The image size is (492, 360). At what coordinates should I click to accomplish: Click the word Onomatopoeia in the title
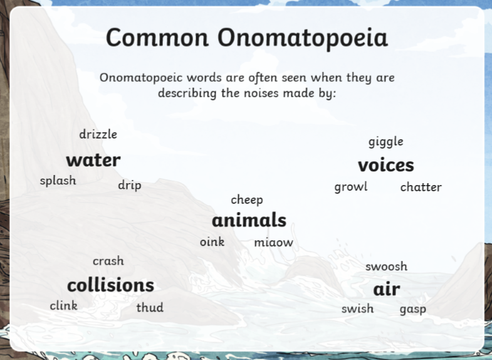point(303,38)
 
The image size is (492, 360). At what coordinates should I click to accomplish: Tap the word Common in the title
point(157,38)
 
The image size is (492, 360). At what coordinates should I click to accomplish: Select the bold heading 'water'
point(93,160)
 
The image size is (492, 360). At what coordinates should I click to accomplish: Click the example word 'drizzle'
point(98,134)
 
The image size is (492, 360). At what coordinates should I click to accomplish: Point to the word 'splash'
point(58,181)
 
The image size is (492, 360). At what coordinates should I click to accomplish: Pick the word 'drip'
point(130,186)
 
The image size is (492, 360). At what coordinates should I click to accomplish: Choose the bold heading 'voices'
point(386,165)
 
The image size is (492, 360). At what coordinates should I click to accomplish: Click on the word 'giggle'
point(386,142)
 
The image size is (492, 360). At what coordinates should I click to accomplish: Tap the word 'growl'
point(351,187)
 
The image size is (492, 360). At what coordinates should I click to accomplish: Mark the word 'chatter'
point(421,187)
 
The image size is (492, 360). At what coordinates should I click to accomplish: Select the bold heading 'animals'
point(249,220)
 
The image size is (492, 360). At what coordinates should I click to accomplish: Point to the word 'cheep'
point(247,200)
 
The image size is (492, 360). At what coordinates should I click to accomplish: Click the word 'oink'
point(212,241)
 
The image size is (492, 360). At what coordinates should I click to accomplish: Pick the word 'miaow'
point(274,242)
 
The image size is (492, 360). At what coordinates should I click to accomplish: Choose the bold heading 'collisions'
point(111,285)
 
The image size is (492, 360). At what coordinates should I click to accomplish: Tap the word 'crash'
point(108,261)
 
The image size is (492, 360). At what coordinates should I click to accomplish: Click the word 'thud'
point(150,307)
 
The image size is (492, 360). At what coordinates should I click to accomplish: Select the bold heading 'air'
point(387,289)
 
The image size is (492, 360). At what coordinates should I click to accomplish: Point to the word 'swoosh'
point(386,267)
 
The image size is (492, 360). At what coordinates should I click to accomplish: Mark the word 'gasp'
point(413,309)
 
